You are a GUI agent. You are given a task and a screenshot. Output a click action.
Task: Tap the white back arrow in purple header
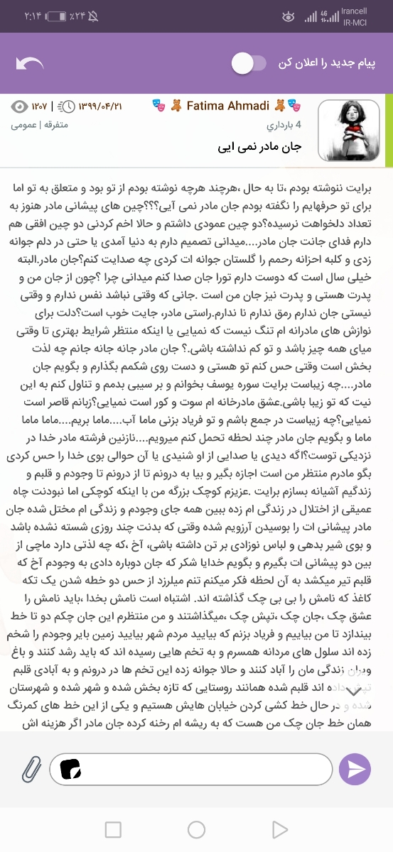(29, 64)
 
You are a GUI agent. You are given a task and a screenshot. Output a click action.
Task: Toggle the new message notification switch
(249, 64)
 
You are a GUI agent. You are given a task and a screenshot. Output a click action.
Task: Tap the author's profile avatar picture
(348, 130)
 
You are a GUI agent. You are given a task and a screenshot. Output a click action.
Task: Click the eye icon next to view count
(19, 106)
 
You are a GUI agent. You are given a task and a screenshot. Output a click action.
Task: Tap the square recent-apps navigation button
(113, 829)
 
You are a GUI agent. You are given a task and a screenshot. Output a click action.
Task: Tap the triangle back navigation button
(279, 829)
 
